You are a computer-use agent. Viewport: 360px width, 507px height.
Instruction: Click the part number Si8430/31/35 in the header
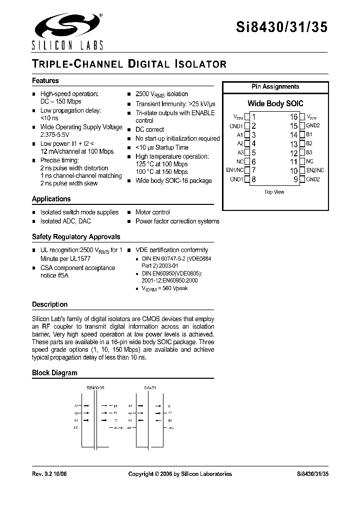click(x=281, y=28)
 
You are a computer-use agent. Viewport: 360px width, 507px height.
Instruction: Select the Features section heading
click(x=45, y=81)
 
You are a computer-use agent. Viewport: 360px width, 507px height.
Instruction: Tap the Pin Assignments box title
click(x=275, y=87)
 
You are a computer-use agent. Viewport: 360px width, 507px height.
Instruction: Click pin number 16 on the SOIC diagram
click(x=293, y=117)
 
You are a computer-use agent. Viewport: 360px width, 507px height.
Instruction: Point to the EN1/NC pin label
click(x=235, y=170)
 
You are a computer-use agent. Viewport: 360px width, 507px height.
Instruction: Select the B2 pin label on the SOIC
click(x=309, y=144)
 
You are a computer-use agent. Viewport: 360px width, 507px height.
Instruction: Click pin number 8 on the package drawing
click(x=254, y=179)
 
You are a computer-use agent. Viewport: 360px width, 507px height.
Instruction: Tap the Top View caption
click(x=274, y=192)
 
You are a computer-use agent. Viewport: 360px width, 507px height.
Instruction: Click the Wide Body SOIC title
click(x=273, y=104)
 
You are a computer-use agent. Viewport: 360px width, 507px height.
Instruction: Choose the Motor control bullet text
click(x=152, y=212)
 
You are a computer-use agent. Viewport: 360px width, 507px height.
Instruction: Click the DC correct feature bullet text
click(x=149, y=130)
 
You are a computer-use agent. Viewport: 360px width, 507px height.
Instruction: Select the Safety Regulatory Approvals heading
click(x=76, y=237)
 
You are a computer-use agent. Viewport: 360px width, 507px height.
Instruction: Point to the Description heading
click(x=49, y=305)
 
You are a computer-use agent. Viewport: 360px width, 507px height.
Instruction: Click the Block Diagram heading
click(x=54, y=373)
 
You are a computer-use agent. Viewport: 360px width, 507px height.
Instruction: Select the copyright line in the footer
click(x=180, y=474)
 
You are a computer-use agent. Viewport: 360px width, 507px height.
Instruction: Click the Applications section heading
click(x=51, y=199)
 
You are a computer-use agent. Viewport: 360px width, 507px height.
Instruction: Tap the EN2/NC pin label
click(x=315, y=170)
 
